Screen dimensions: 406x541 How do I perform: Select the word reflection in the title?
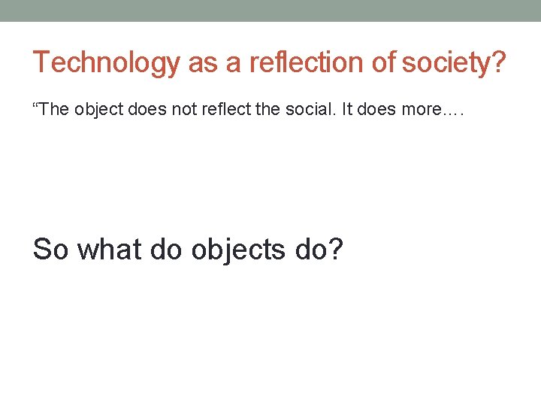pyautogui.click(x=301, y=62)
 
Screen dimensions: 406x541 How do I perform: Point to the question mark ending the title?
pyautogui.click(x=498, y=62)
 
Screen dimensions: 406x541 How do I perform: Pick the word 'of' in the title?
pyautogui.click(x=383, y=62)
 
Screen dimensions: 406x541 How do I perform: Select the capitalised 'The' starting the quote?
pyautogui.click(x=53, y=110)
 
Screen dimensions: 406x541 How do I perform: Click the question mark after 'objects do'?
pyautogui.click(x=334, y=249)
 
